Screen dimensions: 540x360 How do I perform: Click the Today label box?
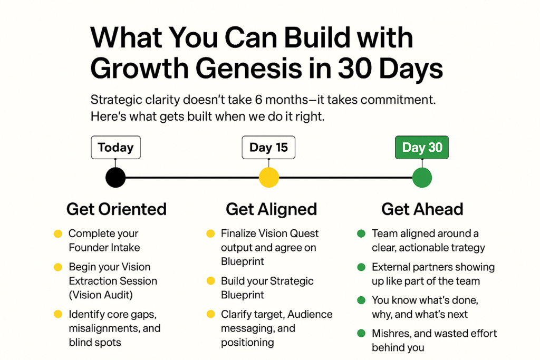[115, 147]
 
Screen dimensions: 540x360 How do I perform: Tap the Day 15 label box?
[268, 147]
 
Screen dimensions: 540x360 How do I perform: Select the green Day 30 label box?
[422, 147]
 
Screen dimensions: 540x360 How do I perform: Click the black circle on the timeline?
[115, 178]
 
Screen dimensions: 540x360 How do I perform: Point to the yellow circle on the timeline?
[268, 178]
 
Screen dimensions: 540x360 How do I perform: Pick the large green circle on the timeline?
[422, 178]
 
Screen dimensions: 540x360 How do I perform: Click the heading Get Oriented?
[117, 209]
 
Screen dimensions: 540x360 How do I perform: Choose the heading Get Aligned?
[272, 209]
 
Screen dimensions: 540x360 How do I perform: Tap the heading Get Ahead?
[422, 209]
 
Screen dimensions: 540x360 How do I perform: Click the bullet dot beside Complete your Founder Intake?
[58, 233]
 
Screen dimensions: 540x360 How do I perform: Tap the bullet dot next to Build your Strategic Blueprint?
[210, 281]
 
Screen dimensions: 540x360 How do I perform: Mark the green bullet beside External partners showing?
[361, 267]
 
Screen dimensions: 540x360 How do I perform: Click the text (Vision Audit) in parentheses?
[101, 295]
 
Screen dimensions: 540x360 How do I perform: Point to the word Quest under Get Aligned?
[304, 233]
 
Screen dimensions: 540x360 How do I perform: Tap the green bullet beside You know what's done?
[361, 300]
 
